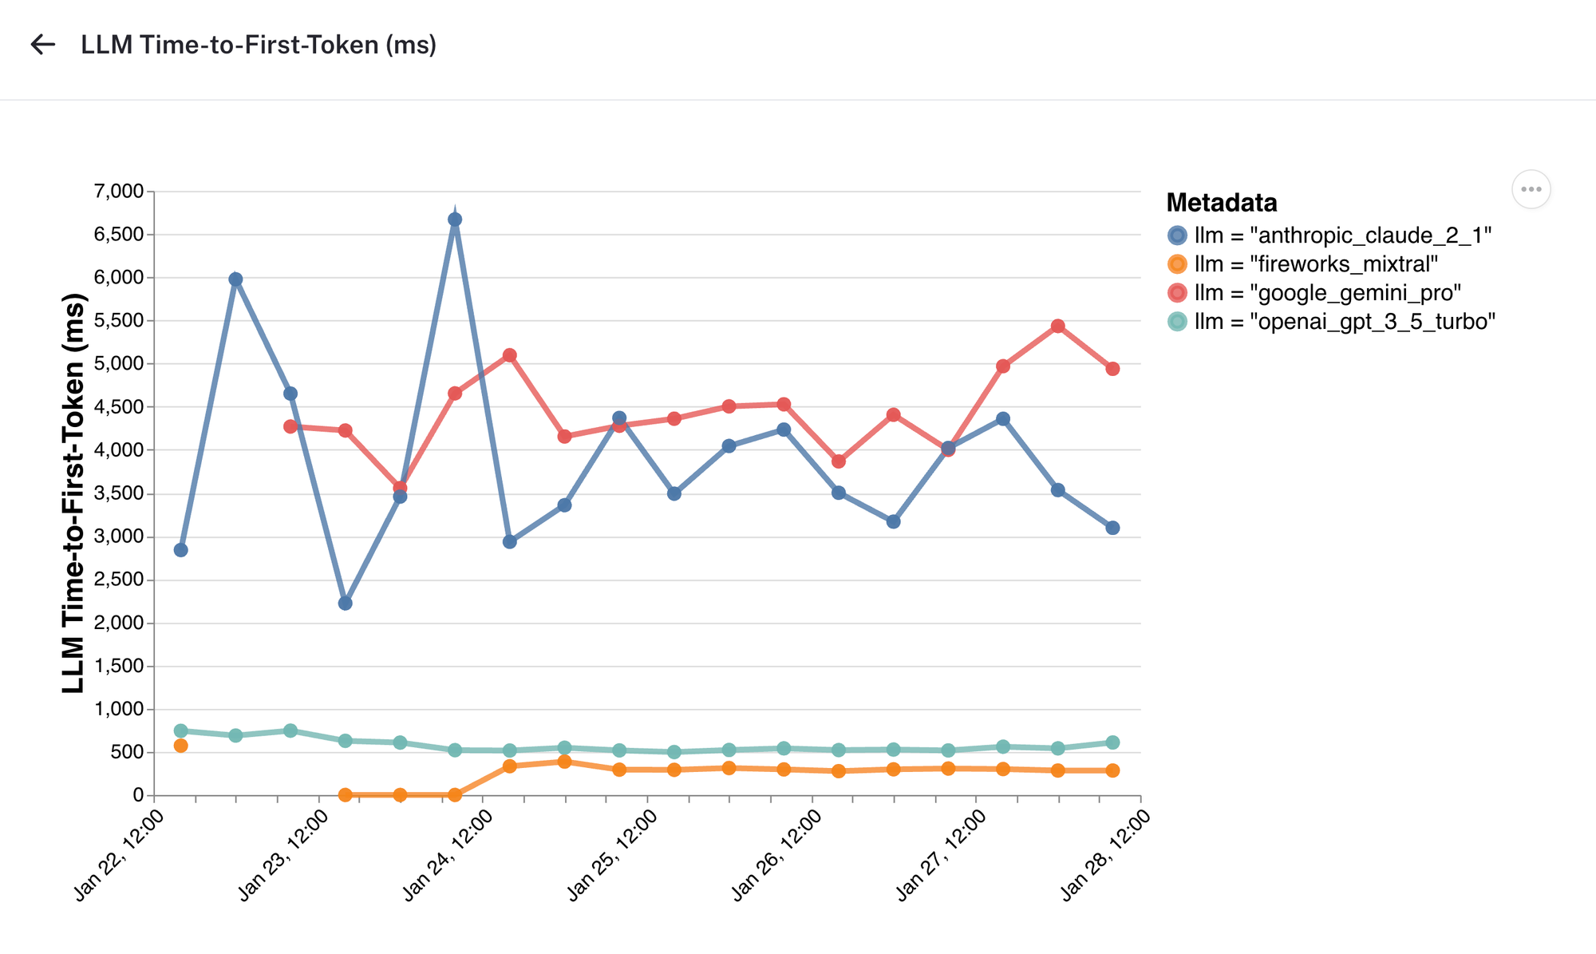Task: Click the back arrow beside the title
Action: [x=42, y=45]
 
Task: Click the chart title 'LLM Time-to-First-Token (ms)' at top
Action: [x=259, y=45]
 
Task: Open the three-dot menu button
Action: [x=1531, y=190]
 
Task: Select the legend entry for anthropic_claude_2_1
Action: [x=1329, y=236]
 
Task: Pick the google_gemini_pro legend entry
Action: [x=1314, y=293]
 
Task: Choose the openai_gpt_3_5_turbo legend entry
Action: [x=1330, y=322]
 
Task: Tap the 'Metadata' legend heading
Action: [x=1221, y=203]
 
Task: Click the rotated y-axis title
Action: [x=73, y=493]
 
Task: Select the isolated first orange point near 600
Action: [x=181, y=746]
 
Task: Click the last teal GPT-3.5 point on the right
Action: [x=1112, y=742]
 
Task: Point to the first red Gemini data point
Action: [x=290, y=426]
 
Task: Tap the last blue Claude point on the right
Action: [x=1112, y=528]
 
